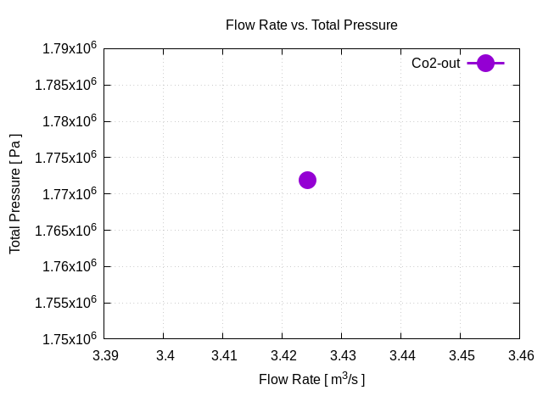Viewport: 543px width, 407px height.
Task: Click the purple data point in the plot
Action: [307, 180]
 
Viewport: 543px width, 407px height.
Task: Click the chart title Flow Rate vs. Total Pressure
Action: [311, 25]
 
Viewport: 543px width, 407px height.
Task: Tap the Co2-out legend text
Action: [435, 64]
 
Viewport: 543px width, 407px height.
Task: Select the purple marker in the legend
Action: [485, 63]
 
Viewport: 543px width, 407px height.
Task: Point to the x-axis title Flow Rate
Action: [311, 379]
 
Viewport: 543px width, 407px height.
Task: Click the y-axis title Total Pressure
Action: [15, 192]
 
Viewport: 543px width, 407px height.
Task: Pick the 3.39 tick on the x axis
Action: [106, 355]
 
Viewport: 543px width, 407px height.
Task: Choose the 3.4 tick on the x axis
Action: [165, 355]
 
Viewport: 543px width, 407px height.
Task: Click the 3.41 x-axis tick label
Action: [224, 355]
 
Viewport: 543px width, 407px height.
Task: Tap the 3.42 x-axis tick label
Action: [283, 355]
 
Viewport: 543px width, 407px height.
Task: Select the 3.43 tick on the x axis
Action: [343, 355]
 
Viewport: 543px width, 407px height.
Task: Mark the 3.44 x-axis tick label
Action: [401, 355]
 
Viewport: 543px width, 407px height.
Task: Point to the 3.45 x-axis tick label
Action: [461, 355]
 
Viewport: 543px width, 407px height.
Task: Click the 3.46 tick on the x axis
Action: [520, 355]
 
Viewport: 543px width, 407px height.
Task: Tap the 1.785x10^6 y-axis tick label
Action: [66, 86]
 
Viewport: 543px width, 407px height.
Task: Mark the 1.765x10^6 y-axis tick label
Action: [66, 231]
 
